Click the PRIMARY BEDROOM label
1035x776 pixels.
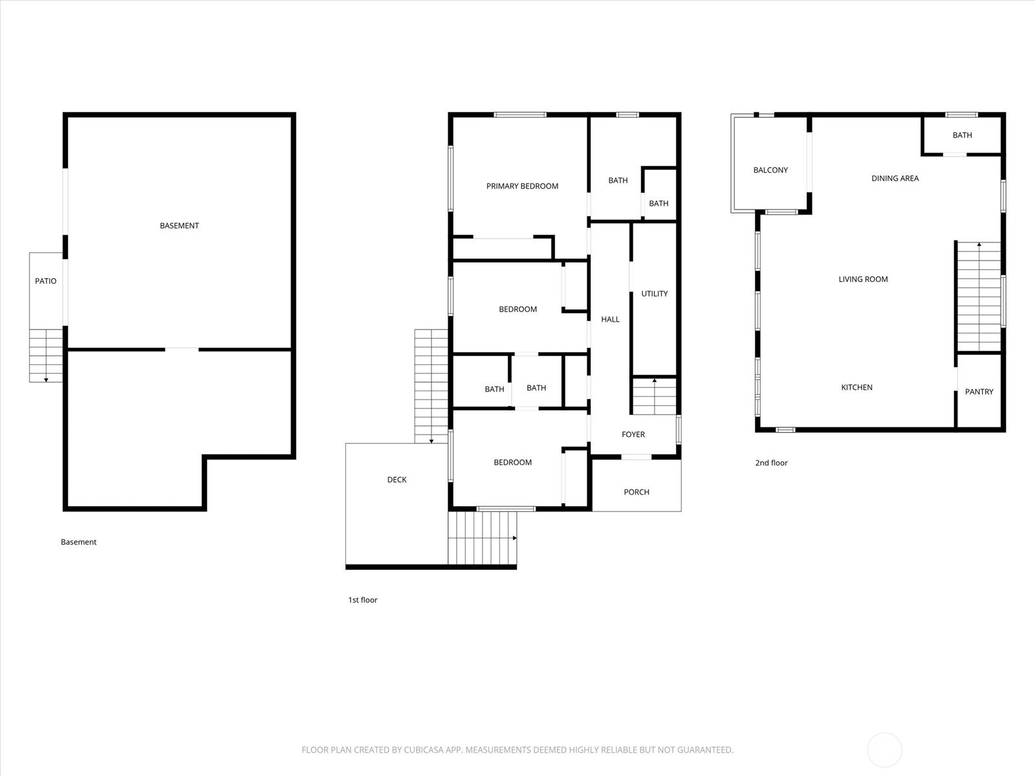(x=522, y=186)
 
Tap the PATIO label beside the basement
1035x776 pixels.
(x=46, y=281)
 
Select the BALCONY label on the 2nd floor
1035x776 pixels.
(x=770, y=170)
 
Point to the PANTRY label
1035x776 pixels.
(x=979, y=391)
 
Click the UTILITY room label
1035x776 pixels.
(x=655, y=294)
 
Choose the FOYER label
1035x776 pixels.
(x=633, y=435)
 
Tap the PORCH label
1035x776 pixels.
(x=637, y=492)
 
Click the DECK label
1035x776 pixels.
(x=397, y=480)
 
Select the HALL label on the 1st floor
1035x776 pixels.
(x=610, y=319)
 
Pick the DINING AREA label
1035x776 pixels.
(x=895, y=178)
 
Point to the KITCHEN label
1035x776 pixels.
(x=856, y=387)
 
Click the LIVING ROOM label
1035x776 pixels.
(x=863, y=279)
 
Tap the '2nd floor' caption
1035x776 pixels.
(x=772, y=462)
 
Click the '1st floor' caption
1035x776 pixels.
(x=363, y=600)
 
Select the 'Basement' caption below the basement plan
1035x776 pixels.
(x=78, y=542)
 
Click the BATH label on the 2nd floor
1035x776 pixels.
(x=962, y=135)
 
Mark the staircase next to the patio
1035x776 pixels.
(x=46, y=356)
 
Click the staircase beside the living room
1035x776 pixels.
(x=979, y=296)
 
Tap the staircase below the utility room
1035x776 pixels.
(x=654, y=396)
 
